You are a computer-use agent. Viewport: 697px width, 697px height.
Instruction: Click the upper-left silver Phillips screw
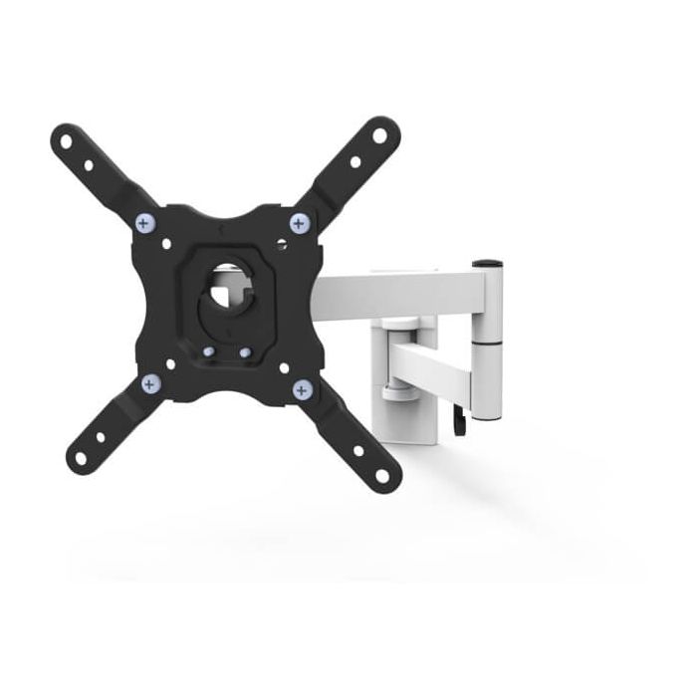coord(147,222)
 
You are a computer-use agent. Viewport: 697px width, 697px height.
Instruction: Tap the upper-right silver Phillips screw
coord(298,222)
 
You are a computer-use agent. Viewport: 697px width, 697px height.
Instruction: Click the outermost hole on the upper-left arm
coord(66,140)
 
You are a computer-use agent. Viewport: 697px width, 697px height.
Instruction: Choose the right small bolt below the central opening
coord(244,351)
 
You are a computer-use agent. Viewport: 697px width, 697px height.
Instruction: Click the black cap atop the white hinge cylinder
coord(487,264)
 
